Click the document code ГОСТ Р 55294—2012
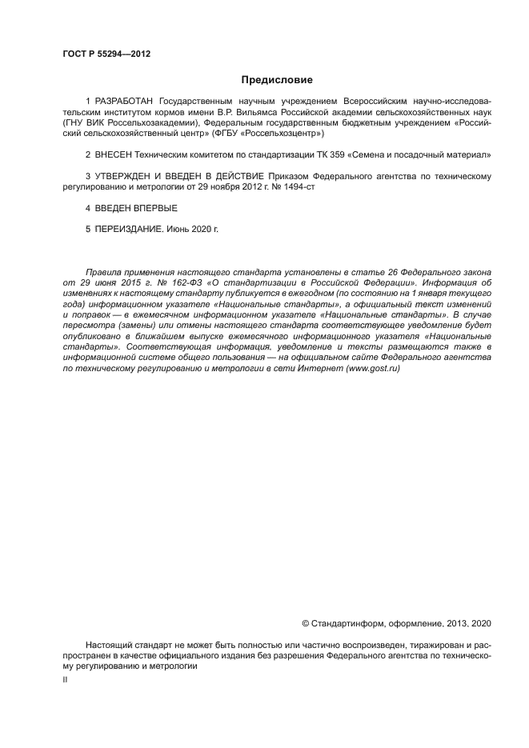(x=106, y=54)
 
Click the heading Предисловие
(x=277, y=80)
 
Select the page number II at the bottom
(x=65, y=678)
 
